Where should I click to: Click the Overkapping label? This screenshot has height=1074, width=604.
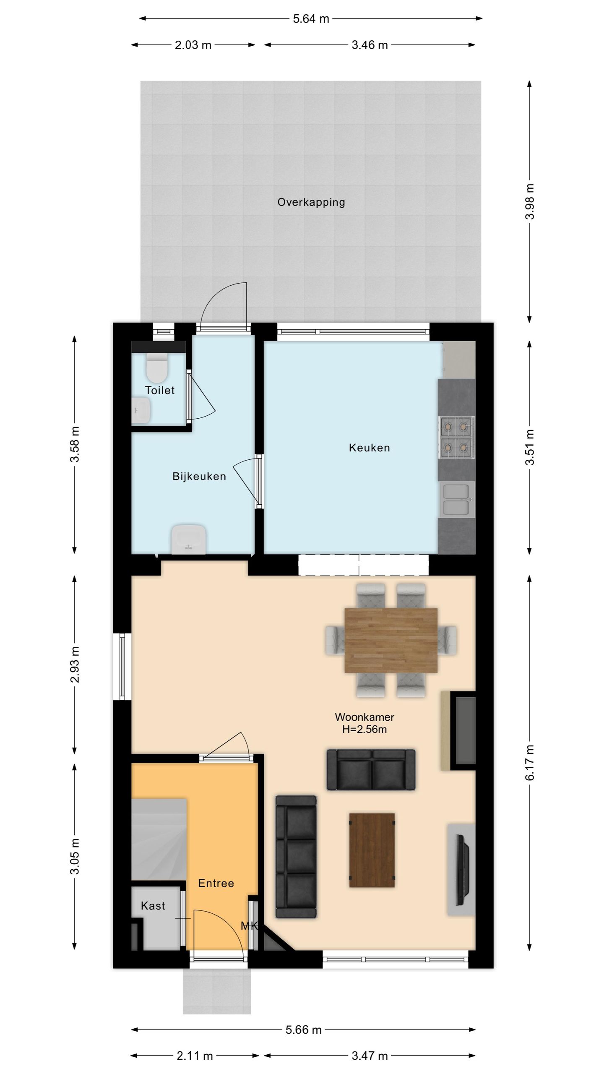pos(311,202)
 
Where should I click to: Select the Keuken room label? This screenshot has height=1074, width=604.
pos(369,448)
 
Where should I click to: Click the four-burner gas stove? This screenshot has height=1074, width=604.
pos(456,438)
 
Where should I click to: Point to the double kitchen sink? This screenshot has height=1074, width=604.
pos(457,499)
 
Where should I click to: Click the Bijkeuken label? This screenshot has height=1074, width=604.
pos(199,476)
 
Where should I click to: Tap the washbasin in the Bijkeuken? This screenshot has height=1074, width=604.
pos(189,539)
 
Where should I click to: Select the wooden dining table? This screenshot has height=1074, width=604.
pos(391,640)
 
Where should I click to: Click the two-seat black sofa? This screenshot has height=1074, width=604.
pos(371,769)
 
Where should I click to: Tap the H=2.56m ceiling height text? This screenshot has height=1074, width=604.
pos(364,729)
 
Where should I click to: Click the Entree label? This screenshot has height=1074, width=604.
pos(216,883)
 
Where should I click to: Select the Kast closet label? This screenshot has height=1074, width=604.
pos(153,906)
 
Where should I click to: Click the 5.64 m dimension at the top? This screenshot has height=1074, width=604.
pos(311,18)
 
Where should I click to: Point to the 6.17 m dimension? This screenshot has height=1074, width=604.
pos(530,762)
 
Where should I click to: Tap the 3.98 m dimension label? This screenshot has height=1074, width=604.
pos(530,201)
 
